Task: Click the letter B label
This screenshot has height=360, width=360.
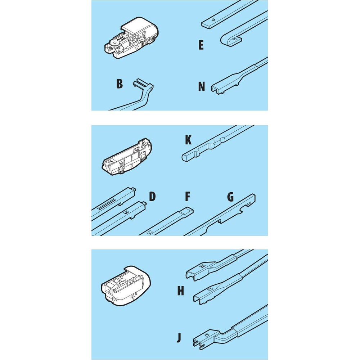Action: coord(120,84)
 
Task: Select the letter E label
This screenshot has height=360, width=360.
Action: coord(201,45)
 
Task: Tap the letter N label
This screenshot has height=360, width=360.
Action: coord(201,86)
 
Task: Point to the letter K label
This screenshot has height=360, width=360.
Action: coord(188,140)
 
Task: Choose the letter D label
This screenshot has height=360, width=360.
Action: coord(152,197)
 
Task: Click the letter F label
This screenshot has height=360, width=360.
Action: coord(188,197)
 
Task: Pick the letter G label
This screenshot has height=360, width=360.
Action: coord(230,197)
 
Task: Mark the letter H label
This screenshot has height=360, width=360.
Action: coord(181,291)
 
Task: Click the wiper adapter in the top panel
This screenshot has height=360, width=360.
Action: coord(131,38)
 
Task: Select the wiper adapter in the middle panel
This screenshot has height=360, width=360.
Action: coord(127,157)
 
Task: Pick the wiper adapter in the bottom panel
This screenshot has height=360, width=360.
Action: coord(126,285)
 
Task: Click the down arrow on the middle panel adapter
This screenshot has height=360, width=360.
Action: coord(131,166)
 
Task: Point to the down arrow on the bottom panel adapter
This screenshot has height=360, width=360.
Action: coord(133,298)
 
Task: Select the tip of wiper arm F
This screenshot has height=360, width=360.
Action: coord(189,210)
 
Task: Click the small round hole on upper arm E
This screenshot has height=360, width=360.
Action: coord(213,20)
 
